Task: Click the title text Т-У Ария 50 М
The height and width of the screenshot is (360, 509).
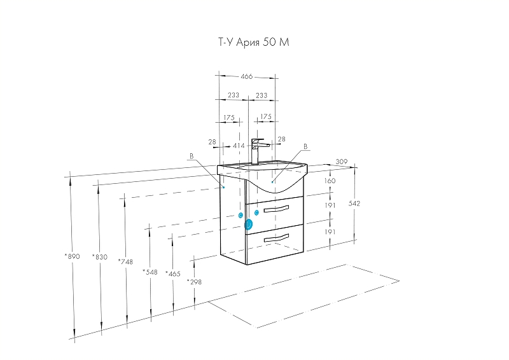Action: (x=253, y=42)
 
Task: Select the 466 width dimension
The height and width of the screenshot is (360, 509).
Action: (x=247, y=76)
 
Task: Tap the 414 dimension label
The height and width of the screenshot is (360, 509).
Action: (x=239, y=146)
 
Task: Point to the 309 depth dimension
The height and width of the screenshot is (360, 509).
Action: (x=342, y=162)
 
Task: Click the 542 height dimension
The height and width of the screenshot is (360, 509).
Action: (x=354, y=204)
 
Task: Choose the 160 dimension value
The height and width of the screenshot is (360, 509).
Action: (x=330, y=181)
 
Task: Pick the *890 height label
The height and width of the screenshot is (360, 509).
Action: (x=72, y=256)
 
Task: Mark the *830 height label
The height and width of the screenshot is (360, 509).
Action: (x=100, y=257)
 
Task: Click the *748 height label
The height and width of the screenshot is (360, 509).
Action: (x=125, y=261)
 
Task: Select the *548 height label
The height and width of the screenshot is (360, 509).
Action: (x=150, y=272)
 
